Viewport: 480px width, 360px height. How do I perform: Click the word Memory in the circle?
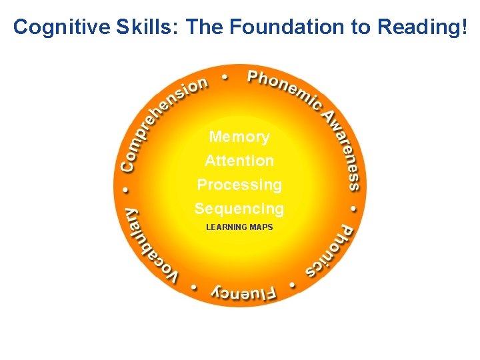point(239,137)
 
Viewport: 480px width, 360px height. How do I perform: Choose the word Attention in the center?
point(239,161)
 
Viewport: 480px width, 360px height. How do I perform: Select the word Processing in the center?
point(239,185)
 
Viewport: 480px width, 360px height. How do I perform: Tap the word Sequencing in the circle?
point(239,209)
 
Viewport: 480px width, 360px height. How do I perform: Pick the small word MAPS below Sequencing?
point(261,227)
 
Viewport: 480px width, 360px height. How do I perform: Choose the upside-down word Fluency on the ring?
point(242,291)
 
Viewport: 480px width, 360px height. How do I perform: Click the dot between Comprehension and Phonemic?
point(224,77)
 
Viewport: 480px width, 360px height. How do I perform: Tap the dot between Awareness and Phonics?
point(354,208)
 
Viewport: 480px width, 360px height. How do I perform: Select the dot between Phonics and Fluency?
point(291,285)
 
